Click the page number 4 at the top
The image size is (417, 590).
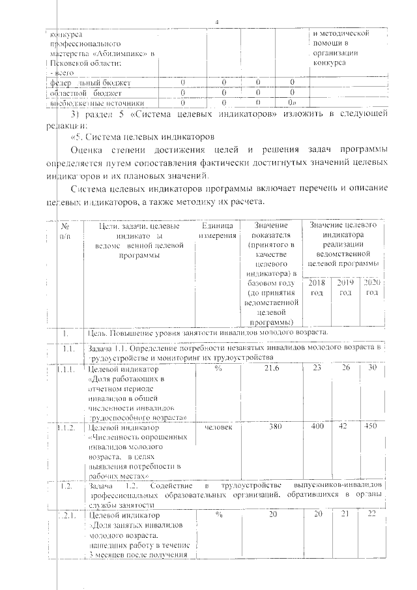(x=217, y=23)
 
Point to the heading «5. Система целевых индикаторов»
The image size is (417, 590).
(x=146, y=138)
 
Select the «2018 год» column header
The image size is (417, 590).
(x=317, y=288)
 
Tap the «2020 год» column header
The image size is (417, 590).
(x=371, y=288)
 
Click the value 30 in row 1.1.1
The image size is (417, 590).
(x=371, y=369)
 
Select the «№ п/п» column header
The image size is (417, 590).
(x=65, y=230)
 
